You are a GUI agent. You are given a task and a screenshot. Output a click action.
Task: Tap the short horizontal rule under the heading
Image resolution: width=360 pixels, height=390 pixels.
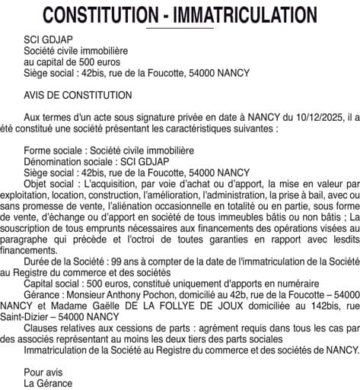[180, 28]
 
